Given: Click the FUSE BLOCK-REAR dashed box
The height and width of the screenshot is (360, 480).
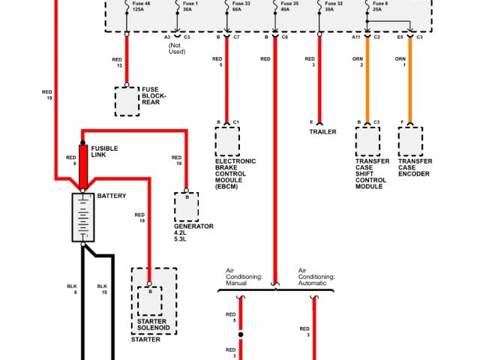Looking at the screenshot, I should (127, 101).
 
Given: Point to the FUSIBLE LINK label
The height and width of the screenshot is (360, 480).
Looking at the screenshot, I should (103, 151).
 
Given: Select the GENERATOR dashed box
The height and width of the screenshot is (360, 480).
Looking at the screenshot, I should (187, 205).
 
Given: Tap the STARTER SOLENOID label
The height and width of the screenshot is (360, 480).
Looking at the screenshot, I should (152, 325).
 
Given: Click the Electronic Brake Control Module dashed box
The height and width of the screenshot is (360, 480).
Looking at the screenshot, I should (227, 141).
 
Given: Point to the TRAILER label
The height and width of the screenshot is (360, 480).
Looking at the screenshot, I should (322, 132).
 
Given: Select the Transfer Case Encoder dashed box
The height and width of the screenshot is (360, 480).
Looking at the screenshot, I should (411, 141).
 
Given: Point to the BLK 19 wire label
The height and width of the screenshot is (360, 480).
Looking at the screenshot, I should (103, 289).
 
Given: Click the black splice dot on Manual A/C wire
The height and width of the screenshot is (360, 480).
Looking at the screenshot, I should (241, 334).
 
